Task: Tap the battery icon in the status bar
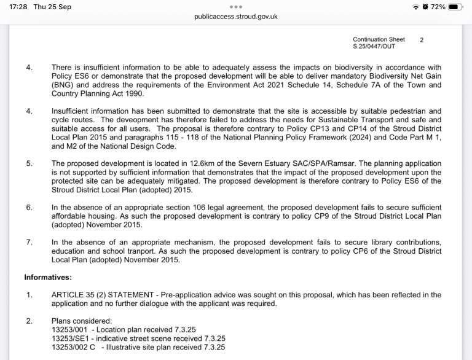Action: click(x=455, y=7)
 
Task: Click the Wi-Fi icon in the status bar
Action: click(x=416, y=7)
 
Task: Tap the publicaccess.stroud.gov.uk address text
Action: click(x=236, y=17)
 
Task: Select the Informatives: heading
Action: click(x=48, y=277)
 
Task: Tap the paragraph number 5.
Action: click(x=29, y=163)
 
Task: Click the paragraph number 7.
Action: click(x=29, y=242)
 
